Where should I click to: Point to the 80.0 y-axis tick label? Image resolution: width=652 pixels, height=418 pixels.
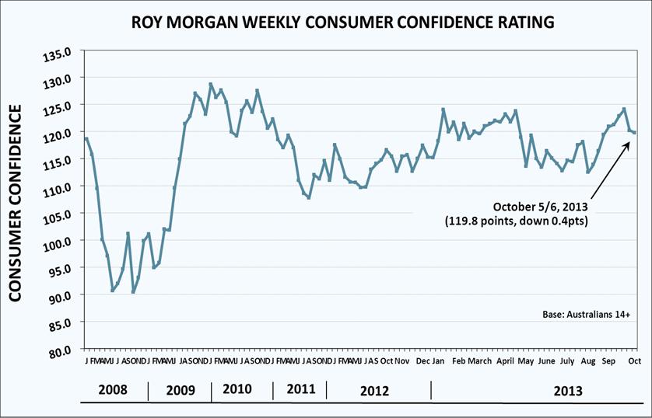[61, 351]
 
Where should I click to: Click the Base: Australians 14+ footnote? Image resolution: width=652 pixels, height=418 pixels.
[586, 315]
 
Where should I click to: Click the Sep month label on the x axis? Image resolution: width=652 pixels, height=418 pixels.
[610, 362]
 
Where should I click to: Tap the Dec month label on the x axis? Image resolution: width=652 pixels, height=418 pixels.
[422, 362]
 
